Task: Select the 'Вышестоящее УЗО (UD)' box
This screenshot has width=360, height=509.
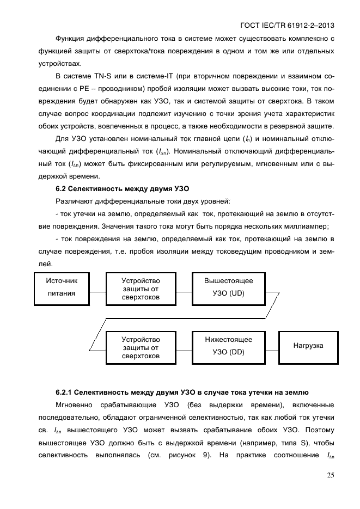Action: click(228, 287)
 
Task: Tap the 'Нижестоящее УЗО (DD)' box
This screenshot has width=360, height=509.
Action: click(228, 346)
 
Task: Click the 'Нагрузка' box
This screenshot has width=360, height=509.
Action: click(308, 346)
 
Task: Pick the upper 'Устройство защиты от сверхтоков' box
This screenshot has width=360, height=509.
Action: click(141, 287)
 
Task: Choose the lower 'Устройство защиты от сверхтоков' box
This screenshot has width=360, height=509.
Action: click(141, 347)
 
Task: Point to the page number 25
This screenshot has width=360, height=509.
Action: click(330, 475)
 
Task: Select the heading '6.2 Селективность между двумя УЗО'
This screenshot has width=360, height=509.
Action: click(122, 189)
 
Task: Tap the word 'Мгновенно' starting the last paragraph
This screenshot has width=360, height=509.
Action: click(75, 406)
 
